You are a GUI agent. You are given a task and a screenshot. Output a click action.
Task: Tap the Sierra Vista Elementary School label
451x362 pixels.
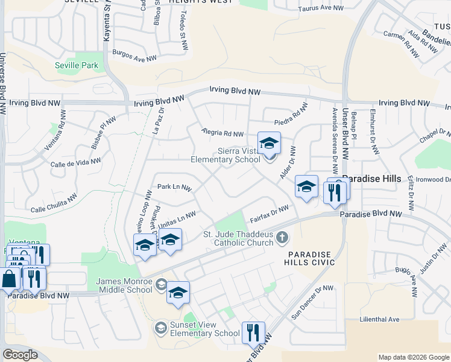tap(225, 156)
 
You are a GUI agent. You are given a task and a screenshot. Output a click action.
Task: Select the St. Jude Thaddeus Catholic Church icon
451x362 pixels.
tap(282, 239)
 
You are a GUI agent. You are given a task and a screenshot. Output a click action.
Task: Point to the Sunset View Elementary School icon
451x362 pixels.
tap(160, 328)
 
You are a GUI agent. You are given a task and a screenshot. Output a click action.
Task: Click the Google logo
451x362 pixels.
tap(20, 355)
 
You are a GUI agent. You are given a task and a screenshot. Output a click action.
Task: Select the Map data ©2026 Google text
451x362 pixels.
tap(413, 357)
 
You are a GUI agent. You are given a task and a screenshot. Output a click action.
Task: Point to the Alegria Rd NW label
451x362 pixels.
tap(223, 133)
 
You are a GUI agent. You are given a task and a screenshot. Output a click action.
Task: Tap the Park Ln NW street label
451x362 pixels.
tap(174, 188)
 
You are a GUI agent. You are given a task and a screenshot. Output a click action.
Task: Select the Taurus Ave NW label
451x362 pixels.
tap(321, 9)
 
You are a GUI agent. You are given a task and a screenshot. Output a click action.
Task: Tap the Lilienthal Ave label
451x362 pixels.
tap(379, 319)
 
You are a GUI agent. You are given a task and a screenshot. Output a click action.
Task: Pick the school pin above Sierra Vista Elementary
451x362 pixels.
tap(269, 144)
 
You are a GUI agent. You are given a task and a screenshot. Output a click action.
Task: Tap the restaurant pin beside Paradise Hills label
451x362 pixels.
tap(333, 192)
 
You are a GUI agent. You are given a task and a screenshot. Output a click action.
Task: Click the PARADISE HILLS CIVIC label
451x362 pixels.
tap(311, 259)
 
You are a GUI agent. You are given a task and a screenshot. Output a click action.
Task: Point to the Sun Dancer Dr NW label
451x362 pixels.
tap(312, 302)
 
